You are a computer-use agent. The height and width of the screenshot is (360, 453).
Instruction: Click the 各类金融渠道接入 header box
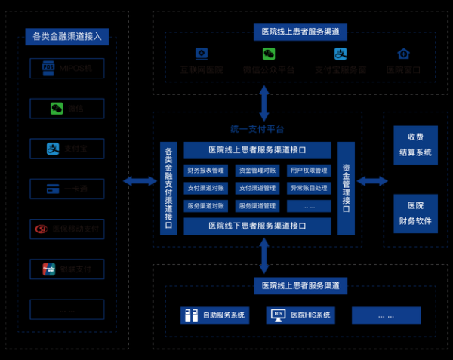tap(67, 35)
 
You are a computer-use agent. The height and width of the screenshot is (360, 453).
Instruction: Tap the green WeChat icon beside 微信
tap(56, 109)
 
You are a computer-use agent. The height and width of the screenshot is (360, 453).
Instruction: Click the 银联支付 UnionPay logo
tap(49, 268)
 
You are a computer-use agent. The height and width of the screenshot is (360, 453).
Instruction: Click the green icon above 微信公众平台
tap(269, 54)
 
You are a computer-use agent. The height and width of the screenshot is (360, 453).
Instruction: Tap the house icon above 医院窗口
tap(403, 54)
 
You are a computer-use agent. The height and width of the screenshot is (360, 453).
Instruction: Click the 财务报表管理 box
tap(205, 171)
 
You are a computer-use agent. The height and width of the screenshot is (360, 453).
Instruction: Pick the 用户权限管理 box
tap(308, 171)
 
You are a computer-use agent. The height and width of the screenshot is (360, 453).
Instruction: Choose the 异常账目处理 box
tap(308, 188)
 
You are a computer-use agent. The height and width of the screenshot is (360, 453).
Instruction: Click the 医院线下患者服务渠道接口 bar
tap(257, 226)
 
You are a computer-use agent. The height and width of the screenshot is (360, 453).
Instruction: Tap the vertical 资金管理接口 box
tap(346, 188)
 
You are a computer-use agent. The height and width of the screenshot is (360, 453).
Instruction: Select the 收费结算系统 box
tap(420, 145)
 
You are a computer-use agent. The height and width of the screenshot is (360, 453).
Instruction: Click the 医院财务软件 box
tap(420, 213)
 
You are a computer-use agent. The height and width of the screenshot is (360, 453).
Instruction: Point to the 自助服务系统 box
tap(215, 315)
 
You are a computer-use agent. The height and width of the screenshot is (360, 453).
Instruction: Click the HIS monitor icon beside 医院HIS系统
tap(278, 315)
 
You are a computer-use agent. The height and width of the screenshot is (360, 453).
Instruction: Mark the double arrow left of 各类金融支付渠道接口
tap(140, 181)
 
